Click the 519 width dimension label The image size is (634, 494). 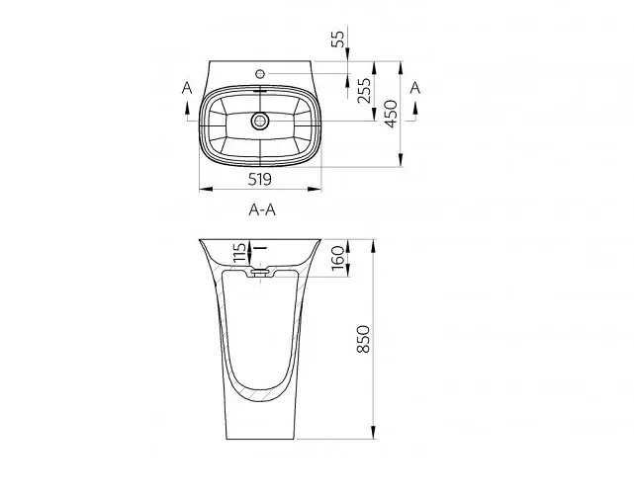click(x=259, y=179)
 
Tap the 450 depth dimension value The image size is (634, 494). click(x=391, y=114)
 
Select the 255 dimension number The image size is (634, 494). click(x=364, y=91)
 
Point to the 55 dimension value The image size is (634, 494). click(x=337, y=39)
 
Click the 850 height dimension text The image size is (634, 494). click(x=364, y=339)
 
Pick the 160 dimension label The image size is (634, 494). click(x=337, y=257)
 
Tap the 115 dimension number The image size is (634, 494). click(x=239, y=253)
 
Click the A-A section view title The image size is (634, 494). click(x=262, y=210)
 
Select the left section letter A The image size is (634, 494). click(x=187, y=87)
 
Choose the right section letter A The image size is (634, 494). click(x=415, y=87)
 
